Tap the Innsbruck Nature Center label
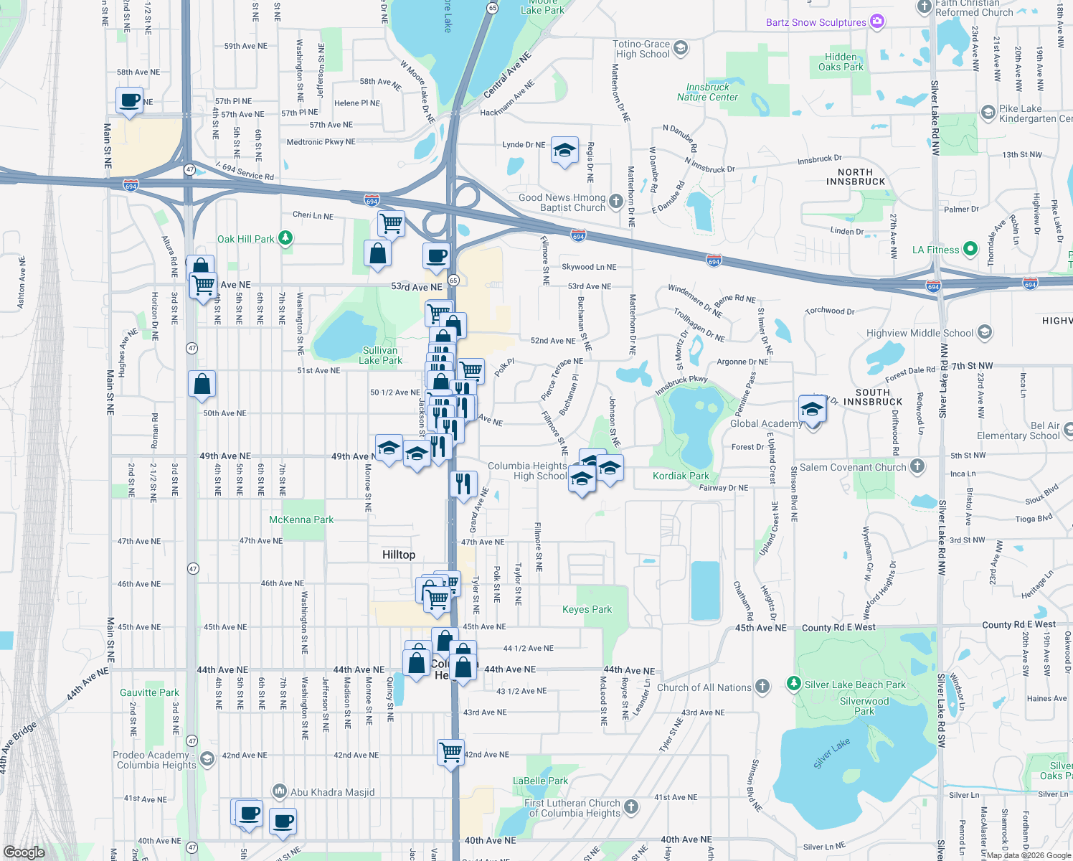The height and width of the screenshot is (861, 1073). click(707, 92)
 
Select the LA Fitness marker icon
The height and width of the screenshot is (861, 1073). click(970, 249)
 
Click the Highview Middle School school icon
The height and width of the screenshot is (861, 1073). click(985, 332)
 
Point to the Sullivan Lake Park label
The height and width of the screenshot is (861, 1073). click(380, 355)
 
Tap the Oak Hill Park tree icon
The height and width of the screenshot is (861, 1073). click(285, 238)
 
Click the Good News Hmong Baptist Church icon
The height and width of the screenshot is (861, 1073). click(616, 202)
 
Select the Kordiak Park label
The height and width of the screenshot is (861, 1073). click(681, 476)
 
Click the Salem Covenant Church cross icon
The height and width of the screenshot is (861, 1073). click(917, 466)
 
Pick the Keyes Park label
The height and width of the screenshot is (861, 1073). click(587, 609)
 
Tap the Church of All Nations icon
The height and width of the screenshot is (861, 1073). click(762, 687)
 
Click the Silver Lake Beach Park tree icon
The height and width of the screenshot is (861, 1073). click(793, 684)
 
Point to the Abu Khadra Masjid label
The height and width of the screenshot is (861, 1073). click(332, 792)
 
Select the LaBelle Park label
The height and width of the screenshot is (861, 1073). click(540, 781)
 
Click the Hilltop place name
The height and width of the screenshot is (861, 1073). click(398, 555)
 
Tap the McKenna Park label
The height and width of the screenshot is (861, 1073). click(301, 519)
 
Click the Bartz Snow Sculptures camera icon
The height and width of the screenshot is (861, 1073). click(877, 22)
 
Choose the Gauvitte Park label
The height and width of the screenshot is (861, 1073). click(149, 692)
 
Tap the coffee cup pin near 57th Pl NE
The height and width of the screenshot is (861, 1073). click(129, 100)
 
